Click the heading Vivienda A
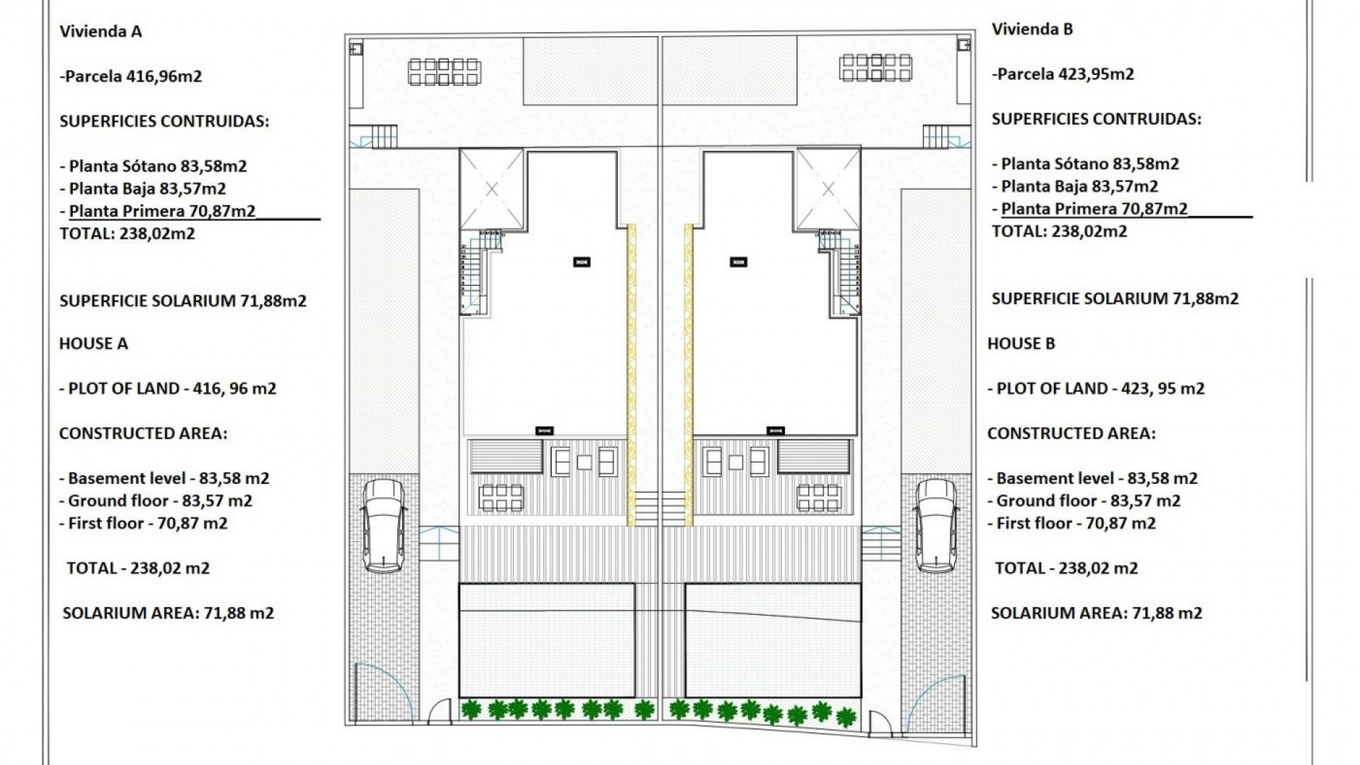(101, 31)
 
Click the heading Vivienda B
(1032, 29)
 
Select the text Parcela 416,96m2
(132, 76)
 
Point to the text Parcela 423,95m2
(1063, 74)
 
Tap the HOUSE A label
(93, 344)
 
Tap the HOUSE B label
(1021, 344)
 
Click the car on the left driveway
(383, 525)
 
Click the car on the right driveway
(936, 525)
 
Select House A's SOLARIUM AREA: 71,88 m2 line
(168, 613)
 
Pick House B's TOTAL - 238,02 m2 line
(1066, 568)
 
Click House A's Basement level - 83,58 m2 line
(164, 478)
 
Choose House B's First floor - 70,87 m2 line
(1072, 523)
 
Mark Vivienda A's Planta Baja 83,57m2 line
(143, 188)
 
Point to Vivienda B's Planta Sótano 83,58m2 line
(1085, 164)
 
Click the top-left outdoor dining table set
(444, 72)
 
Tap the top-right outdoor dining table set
(875, 68)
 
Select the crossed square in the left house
(492, 189)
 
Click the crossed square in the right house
(828, 189)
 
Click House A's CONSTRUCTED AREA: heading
(143, 433)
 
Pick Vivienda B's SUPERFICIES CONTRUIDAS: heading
(1096, 119)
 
